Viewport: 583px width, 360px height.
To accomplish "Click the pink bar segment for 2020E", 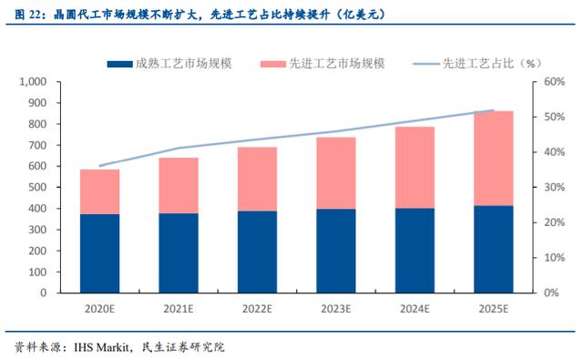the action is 99,191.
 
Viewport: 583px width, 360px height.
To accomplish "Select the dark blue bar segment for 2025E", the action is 494,249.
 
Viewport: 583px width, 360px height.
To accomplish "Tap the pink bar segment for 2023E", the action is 336,173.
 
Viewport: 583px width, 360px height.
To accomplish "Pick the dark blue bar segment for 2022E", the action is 257,252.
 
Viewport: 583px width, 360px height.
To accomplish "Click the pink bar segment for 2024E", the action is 415,168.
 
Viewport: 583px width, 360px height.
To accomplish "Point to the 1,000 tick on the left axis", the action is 33,81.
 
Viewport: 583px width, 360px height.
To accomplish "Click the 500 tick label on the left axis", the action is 37,187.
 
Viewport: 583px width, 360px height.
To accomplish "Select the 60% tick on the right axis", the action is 555,81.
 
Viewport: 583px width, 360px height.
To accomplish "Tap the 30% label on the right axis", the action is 555,187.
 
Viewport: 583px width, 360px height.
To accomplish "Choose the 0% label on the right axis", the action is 551,293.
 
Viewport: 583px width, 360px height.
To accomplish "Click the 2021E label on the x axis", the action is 179,309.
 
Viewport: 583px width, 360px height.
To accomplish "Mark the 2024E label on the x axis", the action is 415,309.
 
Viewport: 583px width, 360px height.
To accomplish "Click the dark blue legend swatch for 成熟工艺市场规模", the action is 119,65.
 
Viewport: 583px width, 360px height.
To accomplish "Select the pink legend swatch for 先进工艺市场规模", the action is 273,65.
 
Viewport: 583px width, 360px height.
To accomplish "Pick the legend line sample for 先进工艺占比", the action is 426,65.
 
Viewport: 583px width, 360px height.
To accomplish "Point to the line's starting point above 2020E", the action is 99,166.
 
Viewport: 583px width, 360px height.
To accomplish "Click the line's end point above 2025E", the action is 494,110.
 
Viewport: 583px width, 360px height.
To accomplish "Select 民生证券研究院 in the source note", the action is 183,347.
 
